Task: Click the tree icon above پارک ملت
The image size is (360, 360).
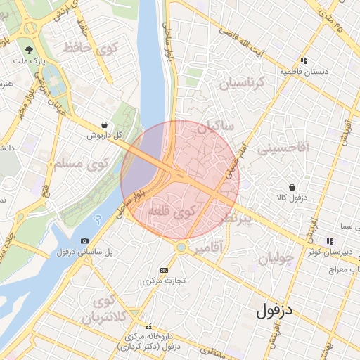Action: tap(29, 50)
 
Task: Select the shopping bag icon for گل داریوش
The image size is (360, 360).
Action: tap(105, 124)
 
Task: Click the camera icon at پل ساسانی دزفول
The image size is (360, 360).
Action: tap(85, 240)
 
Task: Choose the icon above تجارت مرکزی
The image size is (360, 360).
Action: tap(165, 270)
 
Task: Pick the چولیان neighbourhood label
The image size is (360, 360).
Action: tap(275, 259)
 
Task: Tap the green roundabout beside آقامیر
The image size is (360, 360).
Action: tap(181, 247)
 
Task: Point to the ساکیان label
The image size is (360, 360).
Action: tap(215, 129)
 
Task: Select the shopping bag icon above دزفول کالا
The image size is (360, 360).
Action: tap(291, 188)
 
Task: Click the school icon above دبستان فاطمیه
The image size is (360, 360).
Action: tap(304, 61)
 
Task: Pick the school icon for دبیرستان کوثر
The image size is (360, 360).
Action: tap(330, 241)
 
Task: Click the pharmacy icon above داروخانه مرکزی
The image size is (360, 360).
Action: tap(148, 327)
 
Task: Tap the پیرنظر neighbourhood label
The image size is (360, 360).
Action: tap(227, 219)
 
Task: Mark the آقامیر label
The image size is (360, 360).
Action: tap(209, 247)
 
